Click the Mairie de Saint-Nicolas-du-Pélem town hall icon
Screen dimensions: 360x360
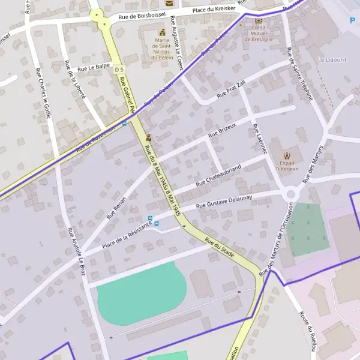pos(161,32)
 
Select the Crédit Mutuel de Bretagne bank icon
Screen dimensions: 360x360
pos(259,20)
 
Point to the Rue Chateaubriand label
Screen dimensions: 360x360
pos(218,173)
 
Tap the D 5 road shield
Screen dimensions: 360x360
pos(118,70)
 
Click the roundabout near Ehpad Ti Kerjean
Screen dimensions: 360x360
pos(292,194)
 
